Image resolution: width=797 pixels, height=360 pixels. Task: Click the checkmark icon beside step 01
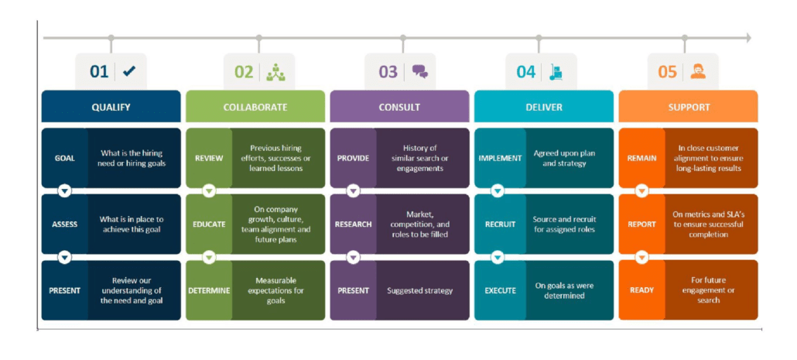click(130, 72)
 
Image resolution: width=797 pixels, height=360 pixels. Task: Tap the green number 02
click(244, 72)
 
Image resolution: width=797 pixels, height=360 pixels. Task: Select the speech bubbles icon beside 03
click(420, 72)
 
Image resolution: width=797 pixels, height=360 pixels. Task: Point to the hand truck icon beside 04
click(556, 72)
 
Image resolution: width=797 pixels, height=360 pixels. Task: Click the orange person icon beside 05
click(697, 72)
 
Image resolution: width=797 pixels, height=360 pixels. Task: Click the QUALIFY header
click(111, 108)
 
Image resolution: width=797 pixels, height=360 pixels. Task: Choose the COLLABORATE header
click(255, 108)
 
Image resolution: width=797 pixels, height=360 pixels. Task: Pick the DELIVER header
click(544, 108)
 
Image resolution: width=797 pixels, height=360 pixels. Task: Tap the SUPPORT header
click(688, 108)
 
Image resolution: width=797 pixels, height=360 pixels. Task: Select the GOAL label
click(64, 158)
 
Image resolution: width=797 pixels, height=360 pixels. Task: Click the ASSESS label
click(64, 225)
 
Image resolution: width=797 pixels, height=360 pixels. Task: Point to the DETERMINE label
click(209, 291)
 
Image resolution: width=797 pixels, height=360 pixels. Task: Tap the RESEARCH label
click(354, 225)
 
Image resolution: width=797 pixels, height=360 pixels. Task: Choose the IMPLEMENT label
click(500, 158)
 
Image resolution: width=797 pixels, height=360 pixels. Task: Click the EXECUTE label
click(500, 291)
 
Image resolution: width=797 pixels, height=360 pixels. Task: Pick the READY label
click(641, 291)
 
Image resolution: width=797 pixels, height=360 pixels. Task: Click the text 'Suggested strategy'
click(420, 291)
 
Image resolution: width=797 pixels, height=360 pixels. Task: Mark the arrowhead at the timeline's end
click(747, 38)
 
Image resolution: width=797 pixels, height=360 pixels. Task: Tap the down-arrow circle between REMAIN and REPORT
click(642, 191)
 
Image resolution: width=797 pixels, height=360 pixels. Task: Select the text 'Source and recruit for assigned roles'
click(565, 225)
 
